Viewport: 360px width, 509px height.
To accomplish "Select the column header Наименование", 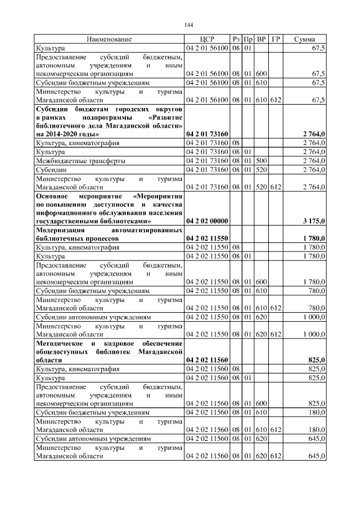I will point(109,39).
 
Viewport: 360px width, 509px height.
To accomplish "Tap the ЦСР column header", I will point(207,39).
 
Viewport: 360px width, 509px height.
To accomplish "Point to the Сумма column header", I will point(304,39).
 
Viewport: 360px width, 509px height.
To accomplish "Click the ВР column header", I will point(262,39).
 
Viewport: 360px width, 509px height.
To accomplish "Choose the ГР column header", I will point(276,39).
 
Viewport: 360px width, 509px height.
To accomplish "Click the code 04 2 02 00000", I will point(207,221).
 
